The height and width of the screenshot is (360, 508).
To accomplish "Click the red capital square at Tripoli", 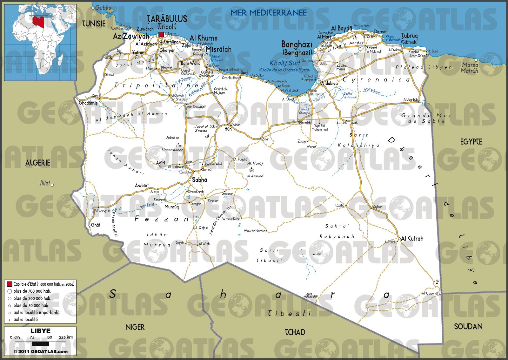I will coord(161,34).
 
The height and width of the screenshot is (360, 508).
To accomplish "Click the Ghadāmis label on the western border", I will coord(87,103).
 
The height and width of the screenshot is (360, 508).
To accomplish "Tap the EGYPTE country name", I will coord(471,142).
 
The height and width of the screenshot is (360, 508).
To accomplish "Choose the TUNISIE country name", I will coord(94,23).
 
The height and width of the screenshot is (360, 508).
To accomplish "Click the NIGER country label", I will coord(135,327).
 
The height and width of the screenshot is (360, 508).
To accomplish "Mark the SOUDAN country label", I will coord(468,326).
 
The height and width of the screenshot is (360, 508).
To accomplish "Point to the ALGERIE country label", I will coord(38,163).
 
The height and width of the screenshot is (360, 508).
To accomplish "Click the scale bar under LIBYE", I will coord(40,343).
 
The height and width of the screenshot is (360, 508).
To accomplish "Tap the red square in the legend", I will coord(9,284).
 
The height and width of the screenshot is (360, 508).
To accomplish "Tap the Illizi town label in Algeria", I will coord(45,183).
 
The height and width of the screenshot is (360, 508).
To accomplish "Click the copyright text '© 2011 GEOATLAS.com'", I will coord(40,351).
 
